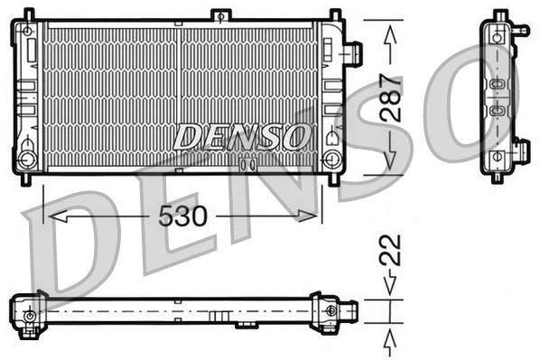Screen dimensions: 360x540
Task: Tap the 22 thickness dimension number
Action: click(391, 252)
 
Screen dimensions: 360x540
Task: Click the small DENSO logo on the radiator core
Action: click(238, 137)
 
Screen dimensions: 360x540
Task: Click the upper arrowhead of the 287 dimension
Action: click(390, 33)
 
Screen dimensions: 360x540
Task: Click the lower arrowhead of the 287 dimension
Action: click(390, 160)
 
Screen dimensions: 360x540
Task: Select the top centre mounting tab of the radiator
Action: click(219, 16)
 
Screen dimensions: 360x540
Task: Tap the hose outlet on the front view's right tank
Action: click(355, 51)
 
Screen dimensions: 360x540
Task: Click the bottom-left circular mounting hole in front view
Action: click(26, 162)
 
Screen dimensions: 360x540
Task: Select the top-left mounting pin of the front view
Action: click(26, 15)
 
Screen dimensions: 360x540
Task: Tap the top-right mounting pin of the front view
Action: click(335, 15)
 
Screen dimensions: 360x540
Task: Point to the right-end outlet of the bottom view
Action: click(350, 311)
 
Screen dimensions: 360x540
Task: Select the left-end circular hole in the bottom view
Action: click(30, 317)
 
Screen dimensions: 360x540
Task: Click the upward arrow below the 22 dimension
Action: click(390, 339)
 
